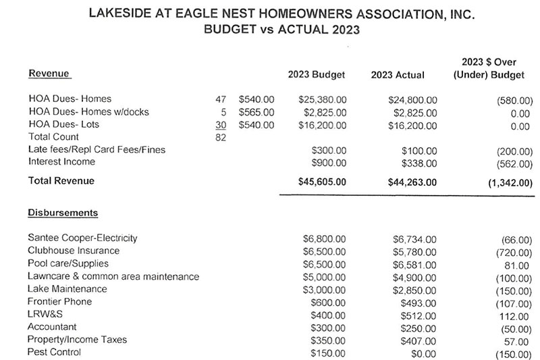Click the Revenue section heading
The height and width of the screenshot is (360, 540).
click(x=49, y=72)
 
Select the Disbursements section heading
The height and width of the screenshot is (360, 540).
click(x=63, y=213)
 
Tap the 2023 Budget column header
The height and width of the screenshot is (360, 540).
click(x=317, y=74)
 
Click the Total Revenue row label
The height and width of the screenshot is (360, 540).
click(x=61, y=181)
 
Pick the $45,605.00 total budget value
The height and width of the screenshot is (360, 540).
click(x=321, y=181)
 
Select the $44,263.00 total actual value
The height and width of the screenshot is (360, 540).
click(x=412, y=181)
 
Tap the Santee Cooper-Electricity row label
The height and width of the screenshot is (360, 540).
click(x=82, y=238)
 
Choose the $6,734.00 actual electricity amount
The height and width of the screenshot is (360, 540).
click(x=414, y=238)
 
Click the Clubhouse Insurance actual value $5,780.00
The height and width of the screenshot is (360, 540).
click(x=414, y=251)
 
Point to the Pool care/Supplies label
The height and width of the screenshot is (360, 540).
click(x=67, y=263)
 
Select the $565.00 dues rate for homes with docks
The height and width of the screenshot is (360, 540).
click(x=256, y=111)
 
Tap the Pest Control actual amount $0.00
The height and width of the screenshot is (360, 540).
click(x=423, y=353)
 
